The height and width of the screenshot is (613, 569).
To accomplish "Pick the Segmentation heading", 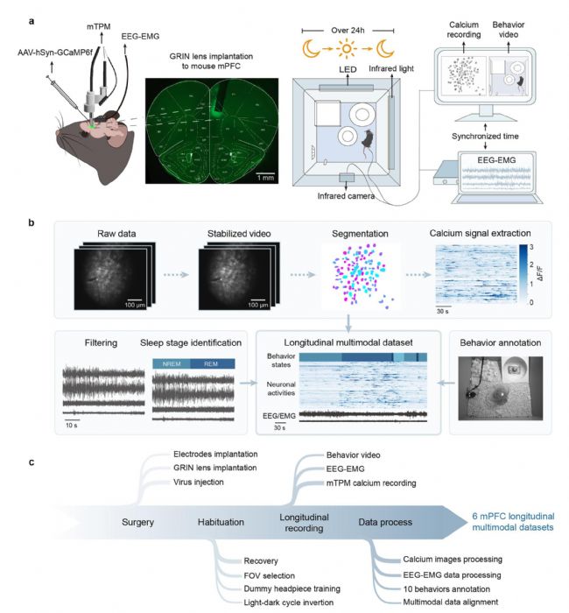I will click(354, 235).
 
